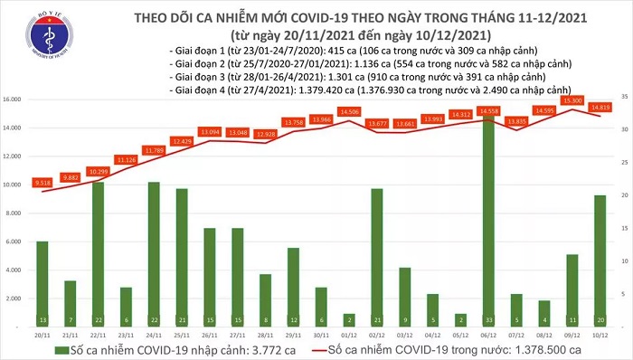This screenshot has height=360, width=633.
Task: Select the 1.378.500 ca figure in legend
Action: point(543,350)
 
